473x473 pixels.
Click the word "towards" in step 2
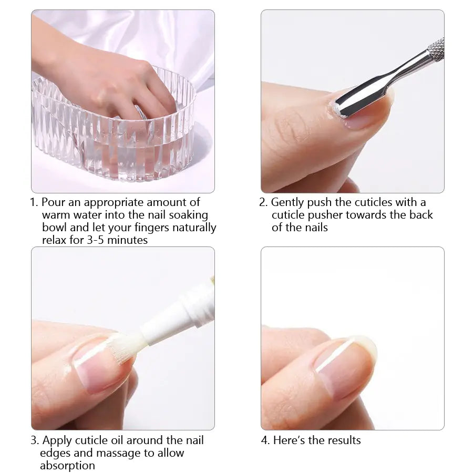pos(366,215)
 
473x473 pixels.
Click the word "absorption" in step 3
pos(67,466)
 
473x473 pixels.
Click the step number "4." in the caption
pos(265,440)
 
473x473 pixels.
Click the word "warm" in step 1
pos(56,215)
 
